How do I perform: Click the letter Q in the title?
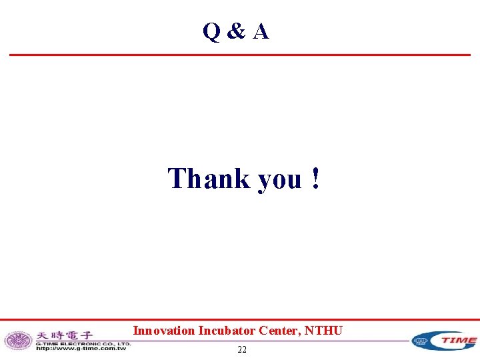212,31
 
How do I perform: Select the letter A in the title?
261,31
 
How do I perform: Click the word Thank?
209,179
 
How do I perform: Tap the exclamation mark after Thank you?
315,179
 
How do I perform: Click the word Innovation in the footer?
163,330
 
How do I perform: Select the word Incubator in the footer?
223,330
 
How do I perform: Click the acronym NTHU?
325,330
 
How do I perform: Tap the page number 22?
242,349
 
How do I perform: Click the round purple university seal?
18,341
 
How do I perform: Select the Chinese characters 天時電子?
64,335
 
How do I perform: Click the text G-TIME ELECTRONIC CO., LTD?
83,343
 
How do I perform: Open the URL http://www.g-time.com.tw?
81,348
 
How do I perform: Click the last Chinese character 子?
86,335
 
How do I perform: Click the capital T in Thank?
177,179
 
